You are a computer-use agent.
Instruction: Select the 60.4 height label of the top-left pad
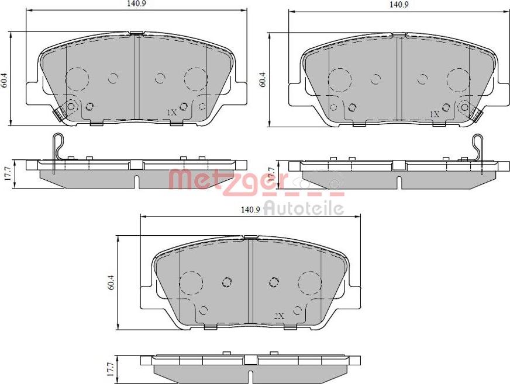(x=4, y=79)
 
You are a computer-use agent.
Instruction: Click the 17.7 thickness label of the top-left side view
(x=5, y=173)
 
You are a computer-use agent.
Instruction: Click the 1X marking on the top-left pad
(x=171, y=112)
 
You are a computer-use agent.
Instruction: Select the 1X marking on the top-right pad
(x=433, y=114)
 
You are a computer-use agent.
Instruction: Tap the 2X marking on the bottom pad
(x=278, y=315)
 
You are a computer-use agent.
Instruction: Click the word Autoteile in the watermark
(x=304, y=208)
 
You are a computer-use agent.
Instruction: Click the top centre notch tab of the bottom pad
(x=250, y=237)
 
